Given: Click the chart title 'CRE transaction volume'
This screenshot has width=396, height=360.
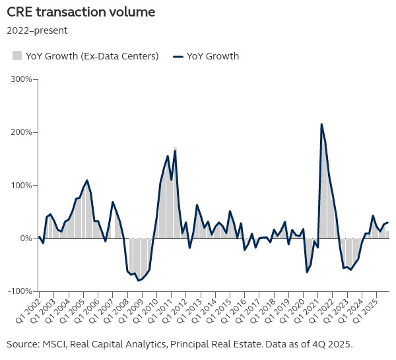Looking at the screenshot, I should pyautogui.click(x=81, y=12).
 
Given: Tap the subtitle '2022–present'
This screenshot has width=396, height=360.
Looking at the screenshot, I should pyautogui.click(x=37, y=30).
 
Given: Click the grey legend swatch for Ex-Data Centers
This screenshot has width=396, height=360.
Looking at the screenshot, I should pyautogui.click(x=17, y=55).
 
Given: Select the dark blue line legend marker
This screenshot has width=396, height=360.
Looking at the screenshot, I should pyautogui.click(x=178, y=55).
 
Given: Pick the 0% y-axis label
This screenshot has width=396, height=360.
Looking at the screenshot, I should pyautogui.click(x=25, y=238).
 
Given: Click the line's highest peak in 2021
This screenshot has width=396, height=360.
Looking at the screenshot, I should pyautogui.click(x=321, y=124).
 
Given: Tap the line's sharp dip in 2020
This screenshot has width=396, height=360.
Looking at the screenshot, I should pyautogui.click(x=307, y=272).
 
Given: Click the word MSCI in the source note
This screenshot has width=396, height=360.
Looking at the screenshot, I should pyautogui.click(x=53, y=344).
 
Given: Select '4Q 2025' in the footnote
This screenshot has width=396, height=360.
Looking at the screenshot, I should pyautogui.click(x=333, y=344).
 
